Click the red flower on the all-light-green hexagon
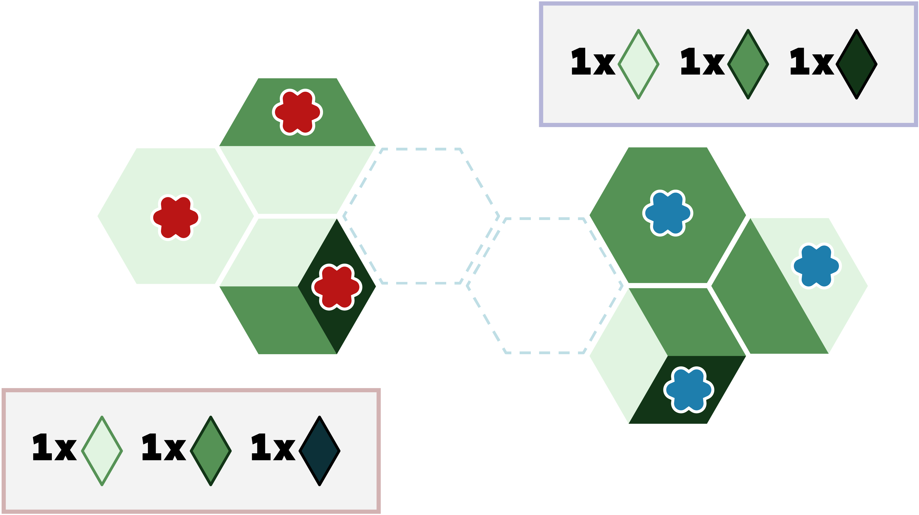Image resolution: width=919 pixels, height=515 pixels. click(x=175, y=217)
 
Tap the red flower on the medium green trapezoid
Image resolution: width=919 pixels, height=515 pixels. click(x=297, y=112)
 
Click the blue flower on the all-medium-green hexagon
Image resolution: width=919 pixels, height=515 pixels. click(x=668, y=213)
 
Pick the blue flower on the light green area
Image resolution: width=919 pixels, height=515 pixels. click(x=816, y=266)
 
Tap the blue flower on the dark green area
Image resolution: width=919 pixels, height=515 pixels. click(x=688, y=390)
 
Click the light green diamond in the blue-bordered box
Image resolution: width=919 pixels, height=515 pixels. click(x=638, y=64)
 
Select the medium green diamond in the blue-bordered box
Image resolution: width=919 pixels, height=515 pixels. click(x=748, y=64)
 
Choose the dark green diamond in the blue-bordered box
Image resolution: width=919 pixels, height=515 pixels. click(x=856, y=64)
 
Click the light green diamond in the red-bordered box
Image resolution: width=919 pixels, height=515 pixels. click(x=102, y=451)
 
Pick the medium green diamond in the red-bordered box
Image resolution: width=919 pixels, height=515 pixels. click(x=211, y=451)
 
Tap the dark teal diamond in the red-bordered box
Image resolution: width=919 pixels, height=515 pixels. click(x=320, y=451)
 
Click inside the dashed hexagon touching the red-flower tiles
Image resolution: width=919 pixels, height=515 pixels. click(x=421, y=216)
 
